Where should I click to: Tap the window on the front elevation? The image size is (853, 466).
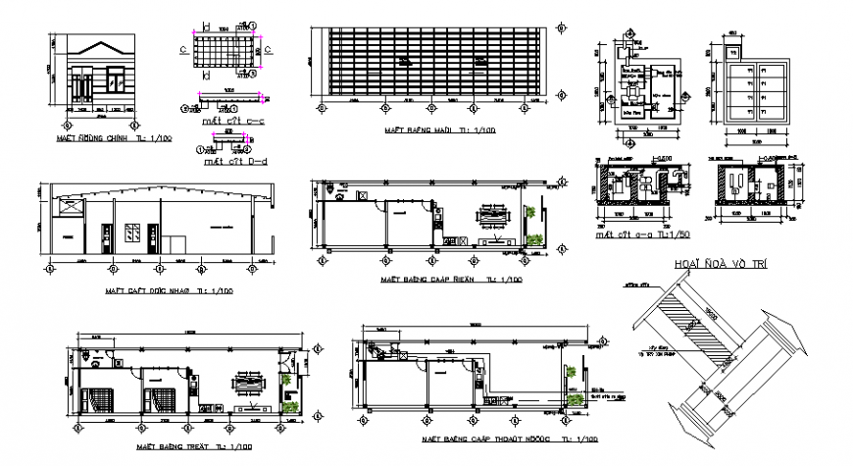point(81,84)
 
